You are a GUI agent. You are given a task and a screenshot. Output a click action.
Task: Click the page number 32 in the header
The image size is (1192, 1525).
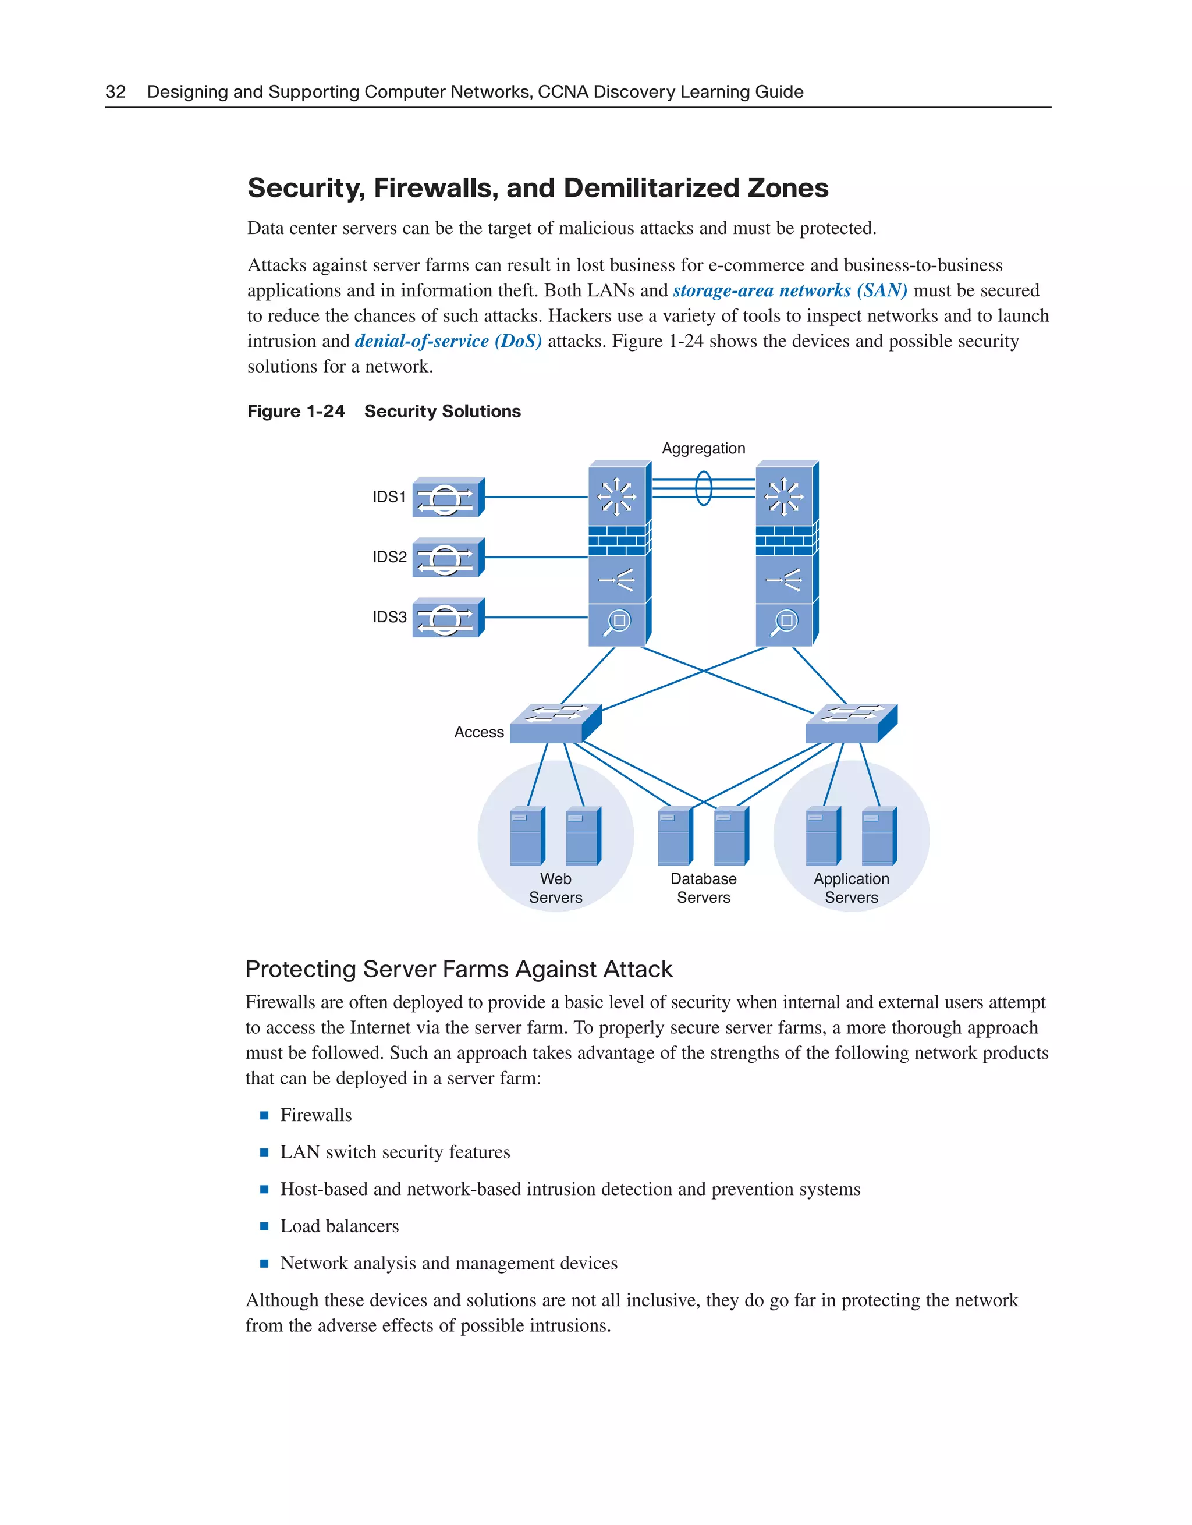coord(115,91)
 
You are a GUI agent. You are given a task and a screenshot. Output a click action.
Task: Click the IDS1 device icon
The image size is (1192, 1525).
coord(448,498)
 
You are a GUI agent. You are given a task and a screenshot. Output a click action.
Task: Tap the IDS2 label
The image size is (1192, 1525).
coord(389,557)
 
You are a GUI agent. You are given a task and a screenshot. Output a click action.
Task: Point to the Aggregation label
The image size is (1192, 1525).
coord(703,448)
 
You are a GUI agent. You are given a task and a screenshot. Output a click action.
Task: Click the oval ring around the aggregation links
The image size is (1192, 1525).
coord(704,488)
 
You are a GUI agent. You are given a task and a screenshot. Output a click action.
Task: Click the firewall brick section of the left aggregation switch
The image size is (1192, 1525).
coord(618,541)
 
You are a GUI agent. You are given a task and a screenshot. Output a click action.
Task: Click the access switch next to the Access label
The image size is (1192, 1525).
coord(555,724)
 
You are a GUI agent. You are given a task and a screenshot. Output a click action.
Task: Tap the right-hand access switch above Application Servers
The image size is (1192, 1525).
coord(850,724)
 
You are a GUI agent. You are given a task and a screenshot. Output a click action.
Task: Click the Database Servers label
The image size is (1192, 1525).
coord(703,888)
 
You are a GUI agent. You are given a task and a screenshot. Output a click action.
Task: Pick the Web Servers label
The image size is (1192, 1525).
coord(555,888)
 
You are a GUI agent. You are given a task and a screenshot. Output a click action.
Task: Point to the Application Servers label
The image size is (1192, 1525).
coord(852,888)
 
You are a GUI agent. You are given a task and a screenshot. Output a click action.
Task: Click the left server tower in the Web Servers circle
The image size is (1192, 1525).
coord(527,836)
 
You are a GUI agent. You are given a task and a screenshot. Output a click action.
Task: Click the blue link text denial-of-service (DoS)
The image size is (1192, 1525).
coord(448,342)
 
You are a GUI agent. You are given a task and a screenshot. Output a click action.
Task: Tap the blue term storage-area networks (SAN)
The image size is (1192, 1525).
coord(790,290)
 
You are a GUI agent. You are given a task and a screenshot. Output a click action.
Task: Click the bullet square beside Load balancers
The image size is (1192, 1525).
coord(264,1226)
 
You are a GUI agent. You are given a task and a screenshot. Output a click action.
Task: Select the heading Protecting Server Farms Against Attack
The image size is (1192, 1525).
coord(459,969)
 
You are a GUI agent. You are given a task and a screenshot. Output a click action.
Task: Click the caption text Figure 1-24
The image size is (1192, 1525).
coord(296,412)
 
